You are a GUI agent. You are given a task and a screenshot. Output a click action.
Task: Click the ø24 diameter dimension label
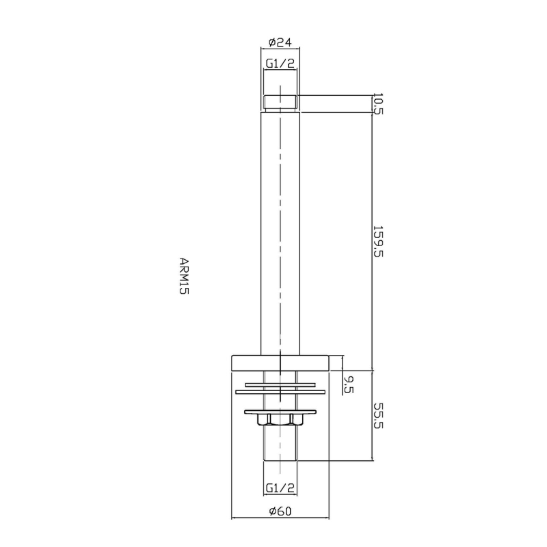point(280,42)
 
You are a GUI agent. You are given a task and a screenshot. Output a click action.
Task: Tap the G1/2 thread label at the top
point(280,63)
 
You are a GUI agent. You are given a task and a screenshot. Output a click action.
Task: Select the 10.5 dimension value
point(378,104)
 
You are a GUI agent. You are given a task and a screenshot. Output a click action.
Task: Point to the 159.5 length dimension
point(378,241)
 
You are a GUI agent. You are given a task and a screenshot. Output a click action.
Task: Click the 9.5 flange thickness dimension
point(348,384)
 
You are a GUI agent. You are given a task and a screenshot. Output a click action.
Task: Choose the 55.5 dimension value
point(378,416)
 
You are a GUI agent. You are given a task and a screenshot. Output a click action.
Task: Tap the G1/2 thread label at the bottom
point(280,488)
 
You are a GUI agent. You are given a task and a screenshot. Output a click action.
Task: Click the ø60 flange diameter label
point(280,511)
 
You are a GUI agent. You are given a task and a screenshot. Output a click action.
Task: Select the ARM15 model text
point(184,276)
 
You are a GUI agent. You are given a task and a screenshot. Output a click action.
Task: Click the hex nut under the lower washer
point(280,420)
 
